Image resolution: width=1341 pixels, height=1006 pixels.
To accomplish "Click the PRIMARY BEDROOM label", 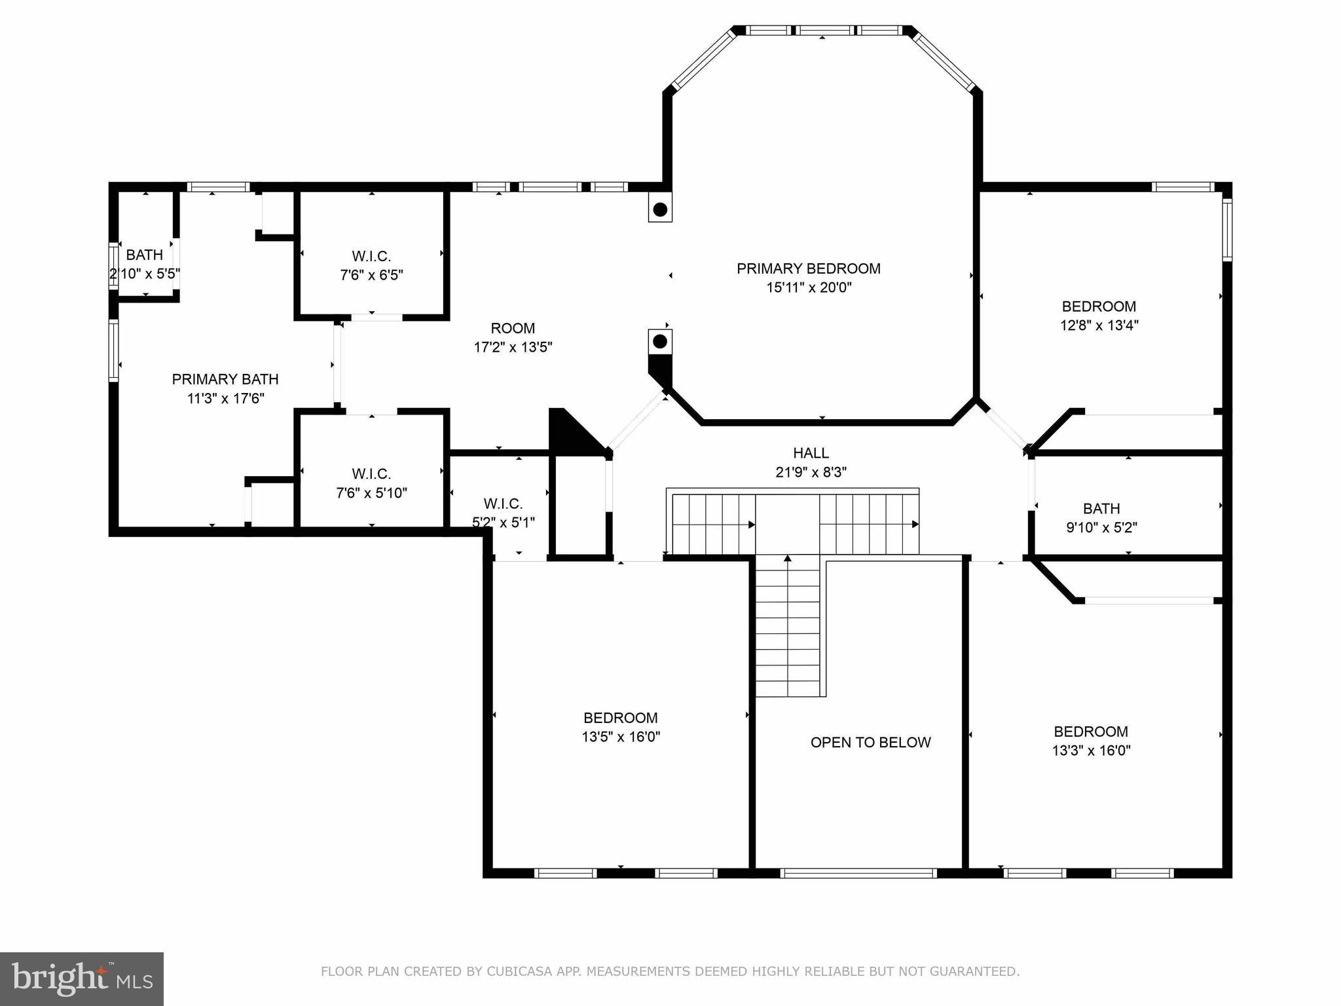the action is pyautogui.click(x=809, y=269).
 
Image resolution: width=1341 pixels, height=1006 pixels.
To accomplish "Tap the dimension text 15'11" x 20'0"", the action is pyautogui.click(x=809, y=288).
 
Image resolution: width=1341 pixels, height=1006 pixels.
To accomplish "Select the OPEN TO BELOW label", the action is pyautogui.click(x=871, y=743).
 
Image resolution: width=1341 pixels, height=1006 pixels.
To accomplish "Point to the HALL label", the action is pyautogui.click(x=811, y=453).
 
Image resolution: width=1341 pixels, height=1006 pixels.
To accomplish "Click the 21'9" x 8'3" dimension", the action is pyautogui.click(x=811, y=472).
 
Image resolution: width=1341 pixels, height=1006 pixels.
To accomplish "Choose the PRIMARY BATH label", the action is pyautogui.click(x=225, y=379).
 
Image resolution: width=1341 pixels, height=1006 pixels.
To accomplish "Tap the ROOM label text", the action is pyautogui.click(x=513, y=328).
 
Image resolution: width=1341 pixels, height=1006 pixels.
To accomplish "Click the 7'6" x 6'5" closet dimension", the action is pyautogui.click(x=371, y=275).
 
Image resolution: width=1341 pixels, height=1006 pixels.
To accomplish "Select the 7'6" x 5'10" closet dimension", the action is pyautogui.click(x=371, y=493).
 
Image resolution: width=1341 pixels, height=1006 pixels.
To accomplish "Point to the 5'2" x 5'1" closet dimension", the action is pyautogui.click(x=504, y=523).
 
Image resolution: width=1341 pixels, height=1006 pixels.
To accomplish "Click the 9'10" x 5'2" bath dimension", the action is pyautogui.click(x=1101, y=527).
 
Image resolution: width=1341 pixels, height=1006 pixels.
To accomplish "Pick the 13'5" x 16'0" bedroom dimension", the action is pyautogui.click(x=621, y=737).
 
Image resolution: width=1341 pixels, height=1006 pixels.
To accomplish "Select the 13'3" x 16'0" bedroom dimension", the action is pyautogui.click(x=1092, y=751).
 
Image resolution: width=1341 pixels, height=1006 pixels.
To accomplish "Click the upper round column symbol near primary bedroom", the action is pyautogui.click(x=660, y=210).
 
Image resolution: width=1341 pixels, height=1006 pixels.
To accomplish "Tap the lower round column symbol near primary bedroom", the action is pyautogui.click(x=660, y=341).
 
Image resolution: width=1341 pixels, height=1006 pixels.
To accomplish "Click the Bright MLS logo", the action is pyautogui.click(x=82, y=978).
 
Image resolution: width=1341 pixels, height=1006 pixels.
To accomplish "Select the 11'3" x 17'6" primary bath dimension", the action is pyautogui.click(x=225, y=398).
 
